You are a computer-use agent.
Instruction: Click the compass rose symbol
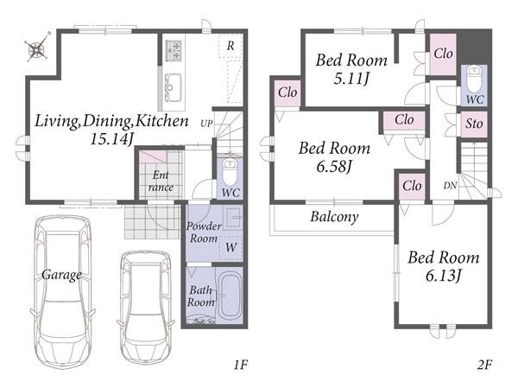point(37,48)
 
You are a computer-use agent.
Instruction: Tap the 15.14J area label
point(111,140)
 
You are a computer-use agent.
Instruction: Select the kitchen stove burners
point(174,50)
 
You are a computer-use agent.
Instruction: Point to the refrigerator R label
point(231,46)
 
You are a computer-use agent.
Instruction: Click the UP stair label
point(206,124)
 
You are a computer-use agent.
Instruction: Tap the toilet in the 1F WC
point(230,172)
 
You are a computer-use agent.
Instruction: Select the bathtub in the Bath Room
point(231,296)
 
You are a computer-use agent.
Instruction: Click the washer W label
point(231,247)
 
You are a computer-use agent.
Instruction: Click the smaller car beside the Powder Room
point(146,307)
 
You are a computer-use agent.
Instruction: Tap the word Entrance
point(161,181)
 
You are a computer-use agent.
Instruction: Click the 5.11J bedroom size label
point(351,79)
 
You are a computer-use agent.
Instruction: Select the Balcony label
point(334,217)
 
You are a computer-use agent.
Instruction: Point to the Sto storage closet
point(474,124)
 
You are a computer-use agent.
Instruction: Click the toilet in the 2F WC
point(474,80)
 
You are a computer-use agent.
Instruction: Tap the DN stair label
point(450,186)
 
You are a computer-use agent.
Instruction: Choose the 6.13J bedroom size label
point(443,276)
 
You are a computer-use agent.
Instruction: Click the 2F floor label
point(484,364)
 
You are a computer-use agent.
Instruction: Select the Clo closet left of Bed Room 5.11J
point(287,93)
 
